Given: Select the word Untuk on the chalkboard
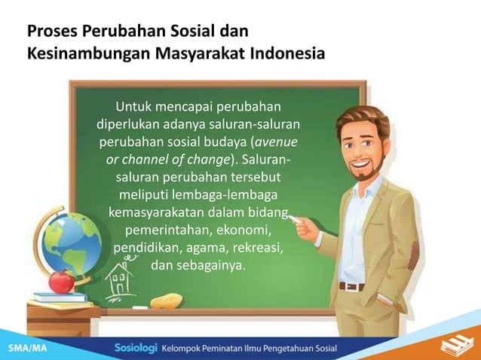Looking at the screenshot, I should pyautogui.click(x=139, y=105).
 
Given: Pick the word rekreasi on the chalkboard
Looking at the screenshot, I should pyautogui.click(x=254, y=246).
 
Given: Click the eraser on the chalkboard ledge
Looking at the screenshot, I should pyautogui.click(x=165, y=301).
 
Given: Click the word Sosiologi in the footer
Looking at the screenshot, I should pyautogui.click(x=136, y=349).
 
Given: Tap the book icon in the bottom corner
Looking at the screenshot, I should pyautogui.click(x=452, y=346).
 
